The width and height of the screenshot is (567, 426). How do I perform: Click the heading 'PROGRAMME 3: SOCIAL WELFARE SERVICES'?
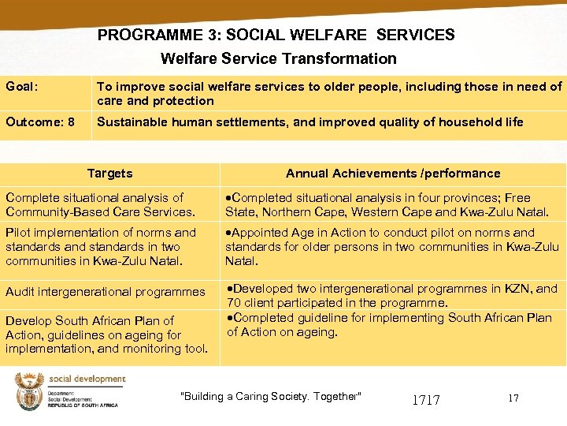(x=276, y=35)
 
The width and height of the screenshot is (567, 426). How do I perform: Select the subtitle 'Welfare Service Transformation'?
(x=279, y=58)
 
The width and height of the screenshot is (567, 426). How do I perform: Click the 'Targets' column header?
(x=109, y=174)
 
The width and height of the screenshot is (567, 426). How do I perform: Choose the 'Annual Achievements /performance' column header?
(x=392, y=174)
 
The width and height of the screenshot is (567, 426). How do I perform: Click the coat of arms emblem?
(x=29, y=391)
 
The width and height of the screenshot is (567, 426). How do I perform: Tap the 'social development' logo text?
(x=87, y=379)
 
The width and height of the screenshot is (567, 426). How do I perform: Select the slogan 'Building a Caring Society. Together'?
(x=271, y=396)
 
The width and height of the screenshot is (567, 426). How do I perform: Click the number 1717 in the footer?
(x=426, y=400)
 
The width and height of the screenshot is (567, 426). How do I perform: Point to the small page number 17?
(x=513, y=398)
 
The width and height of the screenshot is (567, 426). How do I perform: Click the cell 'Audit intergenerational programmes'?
(x=105, y=292)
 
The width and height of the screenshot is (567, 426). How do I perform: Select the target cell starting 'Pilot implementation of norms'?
(x=101, y=246)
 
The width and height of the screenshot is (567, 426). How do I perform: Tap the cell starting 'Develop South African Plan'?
(x=106, y=334)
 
